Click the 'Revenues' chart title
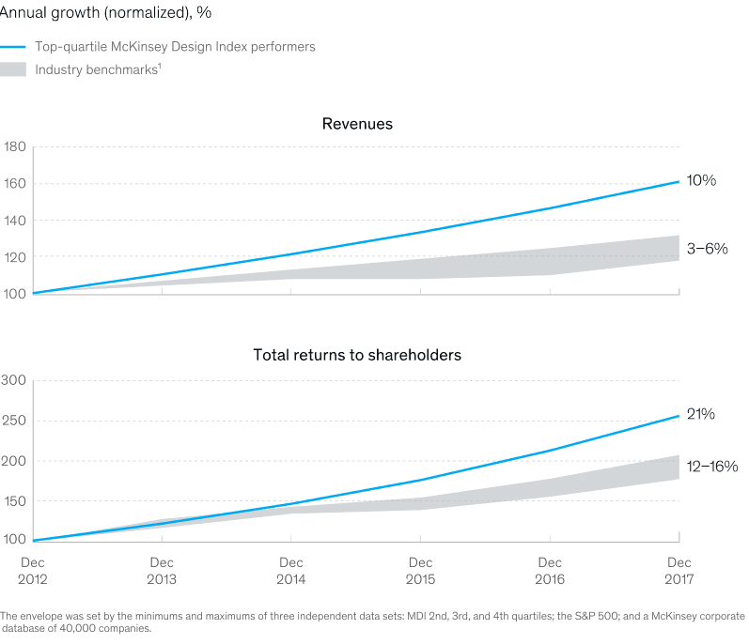(x=357, y=124)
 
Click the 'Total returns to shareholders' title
(x=357, y=356)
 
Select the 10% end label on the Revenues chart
(x=701, y=179)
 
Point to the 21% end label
(x=700, y=414)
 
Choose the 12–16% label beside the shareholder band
(x=710, y=466)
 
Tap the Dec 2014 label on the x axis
(x=291, y=570)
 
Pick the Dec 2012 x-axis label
(x=33, y=570)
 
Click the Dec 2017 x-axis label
(x=678, y=570)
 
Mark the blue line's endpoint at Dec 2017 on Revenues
(x=679, y=181)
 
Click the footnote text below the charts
(x=374, y=621)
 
